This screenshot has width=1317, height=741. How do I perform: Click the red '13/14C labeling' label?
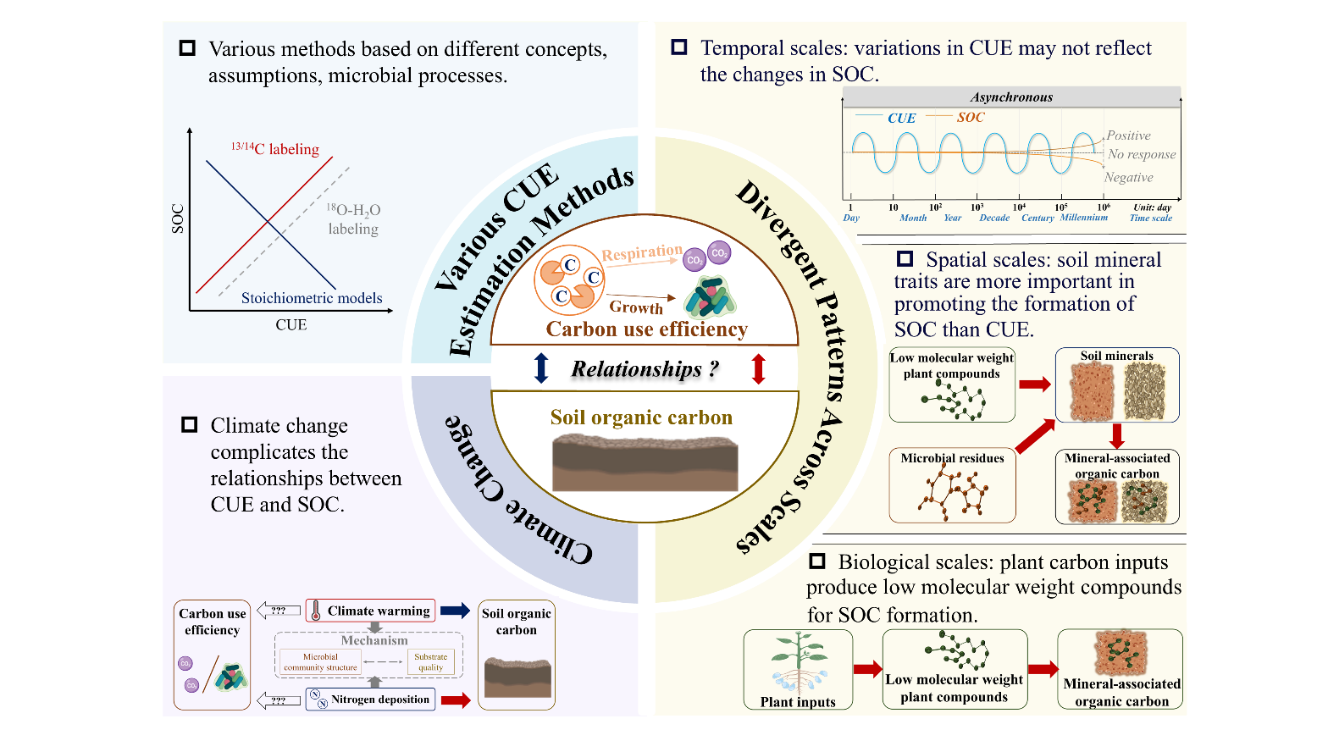pos(276,149)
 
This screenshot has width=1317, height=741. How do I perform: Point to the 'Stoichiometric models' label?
pos(312,298)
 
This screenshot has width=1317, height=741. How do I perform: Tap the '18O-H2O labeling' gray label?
pos(353,219)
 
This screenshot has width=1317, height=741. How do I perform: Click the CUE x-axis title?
pos(291,325)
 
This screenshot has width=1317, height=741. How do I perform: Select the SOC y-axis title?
pos(178,218)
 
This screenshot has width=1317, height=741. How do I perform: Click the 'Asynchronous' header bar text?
pos(1011,97)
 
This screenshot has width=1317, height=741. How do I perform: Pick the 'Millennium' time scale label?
pos(1083,218)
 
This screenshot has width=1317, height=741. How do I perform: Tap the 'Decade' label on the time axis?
pos(994,218)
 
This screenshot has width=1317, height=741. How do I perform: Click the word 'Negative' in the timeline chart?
pos(1128,178)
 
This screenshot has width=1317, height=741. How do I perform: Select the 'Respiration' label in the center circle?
pos(641,252)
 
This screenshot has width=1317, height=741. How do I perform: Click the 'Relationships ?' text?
pos(645,369)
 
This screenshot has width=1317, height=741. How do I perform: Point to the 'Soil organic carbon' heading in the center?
pos(641,418)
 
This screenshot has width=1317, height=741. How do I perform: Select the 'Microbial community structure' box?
pos(320,661)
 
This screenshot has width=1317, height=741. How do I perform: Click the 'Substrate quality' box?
pos(430,661)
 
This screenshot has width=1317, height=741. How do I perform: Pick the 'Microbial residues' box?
pos(952,485)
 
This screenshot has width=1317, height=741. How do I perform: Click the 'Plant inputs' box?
pos(798,669)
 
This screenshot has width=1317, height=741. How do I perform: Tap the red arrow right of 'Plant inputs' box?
pos(867,669)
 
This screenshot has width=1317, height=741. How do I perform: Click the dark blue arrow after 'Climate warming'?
pos(455,611)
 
